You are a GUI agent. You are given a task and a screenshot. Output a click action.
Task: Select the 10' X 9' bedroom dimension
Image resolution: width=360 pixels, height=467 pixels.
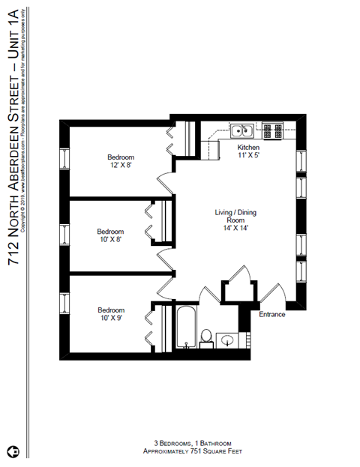110,318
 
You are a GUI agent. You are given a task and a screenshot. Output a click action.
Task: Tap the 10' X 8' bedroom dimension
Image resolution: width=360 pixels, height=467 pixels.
110,240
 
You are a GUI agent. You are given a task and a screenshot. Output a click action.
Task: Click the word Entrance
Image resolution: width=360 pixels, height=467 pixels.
272,314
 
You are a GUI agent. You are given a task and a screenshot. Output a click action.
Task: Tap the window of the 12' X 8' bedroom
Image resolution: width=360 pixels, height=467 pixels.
64,159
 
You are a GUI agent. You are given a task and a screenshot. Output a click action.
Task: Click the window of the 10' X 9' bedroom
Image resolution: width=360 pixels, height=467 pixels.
64,307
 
